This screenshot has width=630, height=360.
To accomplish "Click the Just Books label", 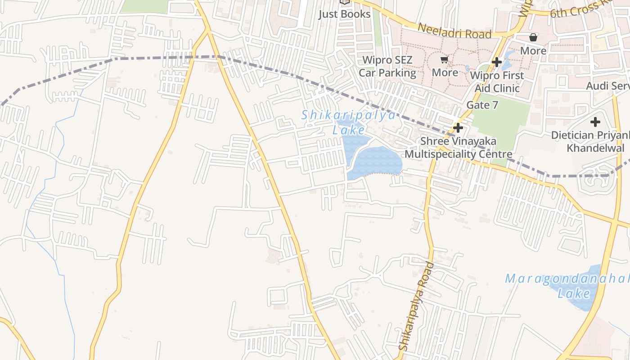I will pyautogui.click(x=344, y=14).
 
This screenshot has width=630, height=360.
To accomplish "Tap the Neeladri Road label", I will pyautogui.click(x=454, y=31).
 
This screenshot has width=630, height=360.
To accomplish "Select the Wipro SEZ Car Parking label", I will pyautogui.click(x=387, y=66).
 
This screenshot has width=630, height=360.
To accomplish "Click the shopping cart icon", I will pyautogui.click(x=445, y=60).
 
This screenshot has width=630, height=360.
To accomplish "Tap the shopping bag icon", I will pyautogui.click(x=533, y=37).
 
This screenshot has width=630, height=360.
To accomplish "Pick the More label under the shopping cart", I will pyautogui.click(x=445, y=72).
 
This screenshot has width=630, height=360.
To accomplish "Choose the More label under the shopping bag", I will pyautogui.click(x=533, y=50).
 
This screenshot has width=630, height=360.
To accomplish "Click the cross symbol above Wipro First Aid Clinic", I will pyautogui.click(x=497, y=62).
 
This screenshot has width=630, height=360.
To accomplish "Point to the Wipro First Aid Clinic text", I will pyautogui.click(x=497, y=81).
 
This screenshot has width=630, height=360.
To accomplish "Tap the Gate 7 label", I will pyautogui.click(x=482, y=105).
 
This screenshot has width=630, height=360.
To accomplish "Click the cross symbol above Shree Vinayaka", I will pyautogui.click(x=458, y=128).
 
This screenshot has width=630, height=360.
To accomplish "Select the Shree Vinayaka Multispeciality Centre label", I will pyautogui.click(x=458, y=148).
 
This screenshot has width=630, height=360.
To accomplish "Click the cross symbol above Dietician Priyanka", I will pyautogui.click(x=595, y=122).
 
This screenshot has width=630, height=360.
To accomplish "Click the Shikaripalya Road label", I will pyautogui.click(x=417, y=306).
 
